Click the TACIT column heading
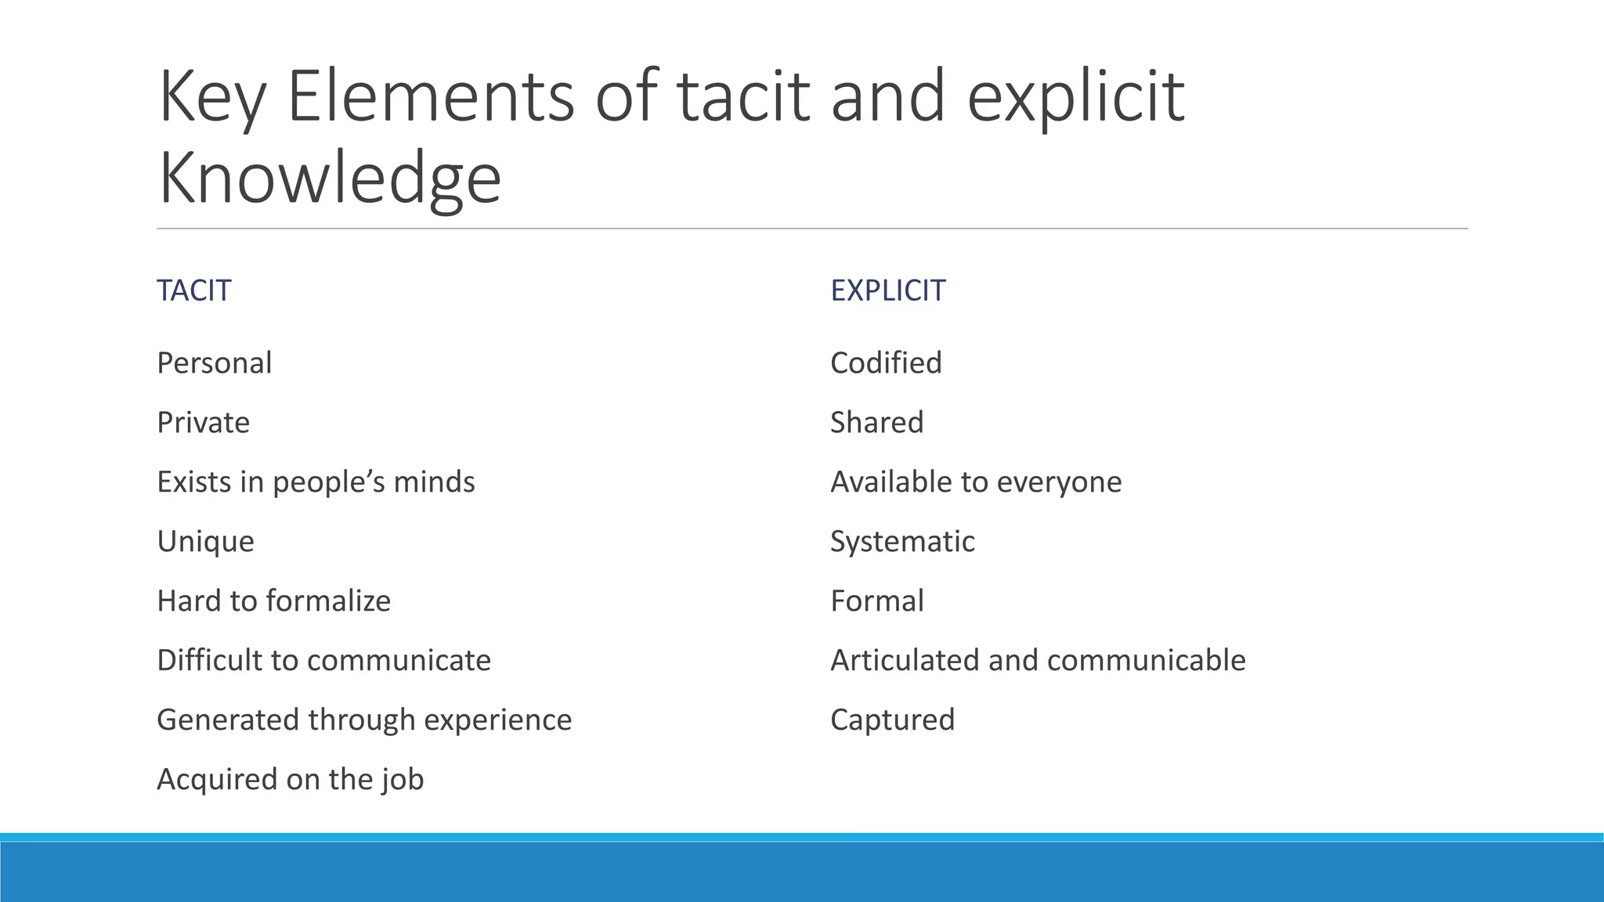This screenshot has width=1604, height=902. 193,290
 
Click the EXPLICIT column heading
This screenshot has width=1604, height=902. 887,290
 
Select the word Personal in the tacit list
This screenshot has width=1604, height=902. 214,363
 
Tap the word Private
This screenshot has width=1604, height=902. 203,423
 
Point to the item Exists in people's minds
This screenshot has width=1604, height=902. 316,482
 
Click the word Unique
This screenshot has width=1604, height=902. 205,542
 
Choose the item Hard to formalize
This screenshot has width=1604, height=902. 273,601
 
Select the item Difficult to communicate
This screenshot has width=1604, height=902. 323,661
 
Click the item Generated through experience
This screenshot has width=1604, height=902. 364,720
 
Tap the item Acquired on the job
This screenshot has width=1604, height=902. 290,780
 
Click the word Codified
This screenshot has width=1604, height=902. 886,363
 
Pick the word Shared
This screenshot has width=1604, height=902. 876,423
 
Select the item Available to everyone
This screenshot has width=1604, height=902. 976,482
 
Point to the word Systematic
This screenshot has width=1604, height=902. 902,542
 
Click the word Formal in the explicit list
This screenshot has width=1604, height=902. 876,601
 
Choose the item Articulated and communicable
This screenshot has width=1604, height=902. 1038,661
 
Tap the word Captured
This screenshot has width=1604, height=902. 892,720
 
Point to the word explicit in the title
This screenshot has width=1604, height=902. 1075,97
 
